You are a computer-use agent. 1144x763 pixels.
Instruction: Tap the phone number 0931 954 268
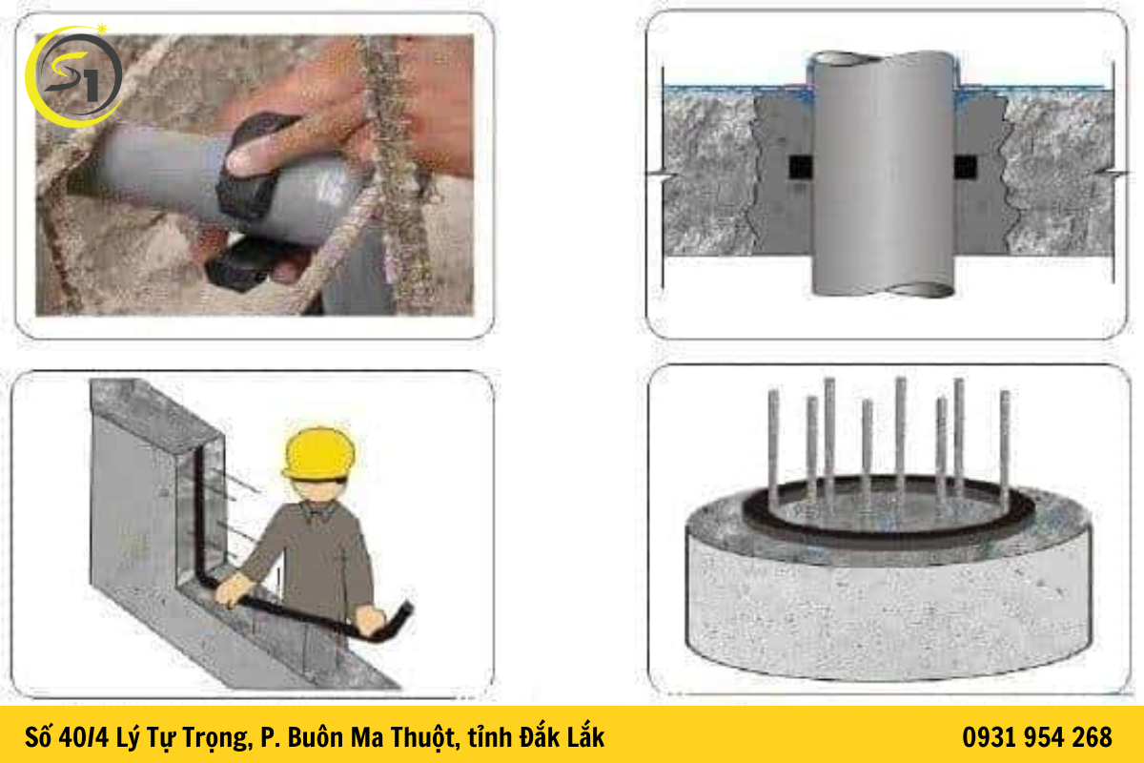pyautogui.click(x=1037, y=737)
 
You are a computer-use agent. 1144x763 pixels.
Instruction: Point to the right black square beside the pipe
pyautogui.click(x=965, y=168)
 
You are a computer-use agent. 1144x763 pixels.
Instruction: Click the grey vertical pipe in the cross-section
pyautogui.click(x=883, y=181)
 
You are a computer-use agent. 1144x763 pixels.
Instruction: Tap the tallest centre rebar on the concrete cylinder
pyautogui.click(x=900, y=429)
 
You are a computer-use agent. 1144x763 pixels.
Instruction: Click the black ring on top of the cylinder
pyautogui.click(x=887, y=529)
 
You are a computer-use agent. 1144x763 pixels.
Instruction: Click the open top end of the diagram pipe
pyautogui.click(x=882, y=59)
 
